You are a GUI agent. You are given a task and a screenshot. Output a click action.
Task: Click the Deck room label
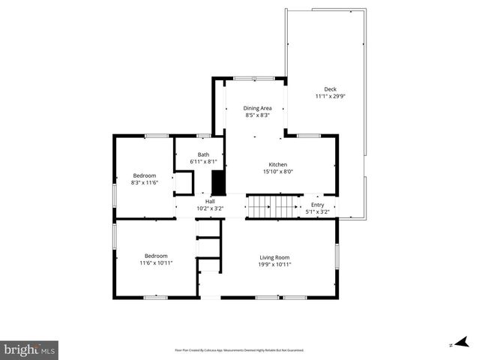(x=330, y=89)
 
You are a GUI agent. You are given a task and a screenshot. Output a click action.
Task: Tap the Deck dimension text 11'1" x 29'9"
(x=330, y=97)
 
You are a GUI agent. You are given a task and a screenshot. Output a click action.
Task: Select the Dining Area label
(x=257, y=109)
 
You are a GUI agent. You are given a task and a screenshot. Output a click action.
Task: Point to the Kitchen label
(x=278, y=165)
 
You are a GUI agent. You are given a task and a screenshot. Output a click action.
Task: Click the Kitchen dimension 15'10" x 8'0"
(x=278, y=172)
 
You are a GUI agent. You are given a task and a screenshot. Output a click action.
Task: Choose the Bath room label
(x=203, y=154)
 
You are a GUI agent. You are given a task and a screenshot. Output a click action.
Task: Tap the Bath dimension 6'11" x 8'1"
(x=203, y=161)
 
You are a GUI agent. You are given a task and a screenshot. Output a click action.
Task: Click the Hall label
(x=211, y=201)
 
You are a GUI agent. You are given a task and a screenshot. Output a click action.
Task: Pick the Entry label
(x=318, y=205)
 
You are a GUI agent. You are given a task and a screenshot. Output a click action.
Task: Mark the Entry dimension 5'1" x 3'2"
(x=318, y=211)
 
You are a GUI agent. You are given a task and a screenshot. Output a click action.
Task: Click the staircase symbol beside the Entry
(x=268, y=205)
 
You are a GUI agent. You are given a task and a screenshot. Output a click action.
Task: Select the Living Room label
(x=274, y=257)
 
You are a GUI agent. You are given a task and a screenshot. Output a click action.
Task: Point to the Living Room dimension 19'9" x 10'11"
(x=274, y=264)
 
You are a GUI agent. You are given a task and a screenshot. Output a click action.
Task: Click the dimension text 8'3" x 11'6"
(x=145, y=182)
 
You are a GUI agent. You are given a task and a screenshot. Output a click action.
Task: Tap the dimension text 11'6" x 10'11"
(x=156, y=262)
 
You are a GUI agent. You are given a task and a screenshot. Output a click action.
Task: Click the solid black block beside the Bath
(x=218, y=182)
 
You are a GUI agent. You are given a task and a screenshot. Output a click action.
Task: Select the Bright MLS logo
(x=30, y=349)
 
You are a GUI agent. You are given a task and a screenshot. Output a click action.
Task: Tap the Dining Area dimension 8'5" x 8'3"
(x=257, y=115)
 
